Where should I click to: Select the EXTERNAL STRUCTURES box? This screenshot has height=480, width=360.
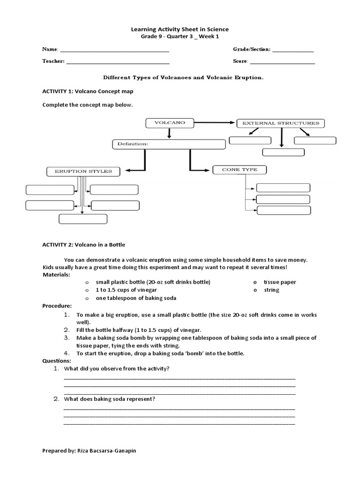click(280, 123)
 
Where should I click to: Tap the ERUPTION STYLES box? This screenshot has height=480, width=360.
click(83, 172)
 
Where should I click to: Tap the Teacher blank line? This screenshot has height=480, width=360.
click(118, 61)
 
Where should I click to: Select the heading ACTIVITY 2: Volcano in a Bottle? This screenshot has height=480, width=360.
click(84, 245)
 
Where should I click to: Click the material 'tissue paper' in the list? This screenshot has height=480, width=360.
click(280, 282)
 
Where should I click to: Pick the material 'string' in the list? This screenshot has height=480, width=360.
click(271, 290)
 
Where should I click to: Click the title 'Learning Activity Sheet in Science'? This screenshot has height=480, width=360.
click(180, 29)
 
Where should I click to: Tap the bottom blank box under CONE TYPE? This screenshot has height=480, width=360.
click(284, 210)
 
